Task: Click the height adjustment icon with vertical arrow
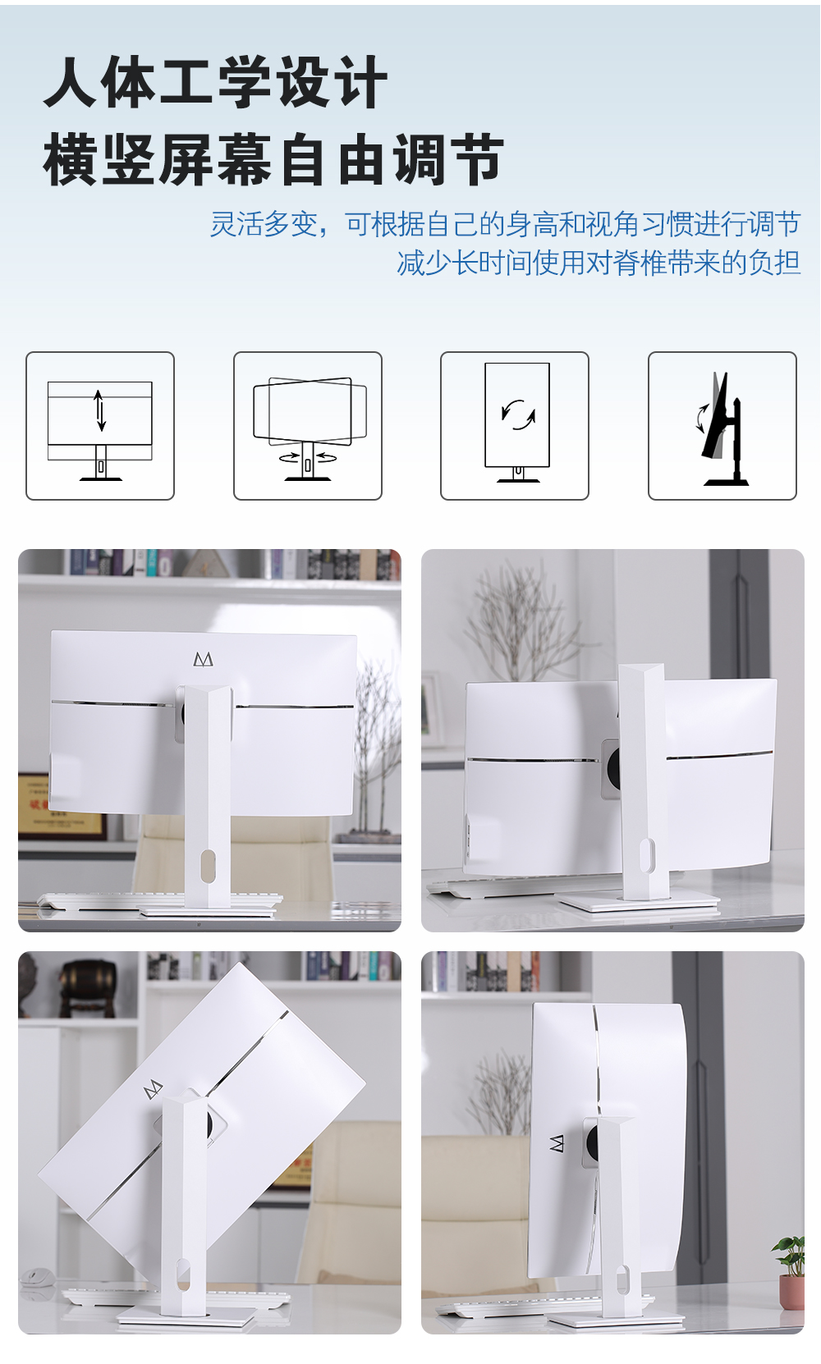tap(100, 426)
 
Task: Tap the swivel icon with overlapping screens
tap(308, 426)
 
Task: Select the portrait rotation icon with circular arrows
tap(515, 426)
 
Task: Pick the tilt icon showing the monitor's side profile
tap(722, 426)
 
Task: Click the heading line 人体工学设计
tap(216, 82)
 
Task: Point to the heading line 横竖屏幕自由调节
tap(273, 159)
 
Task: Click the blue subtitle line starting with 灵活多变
tap(505, 223)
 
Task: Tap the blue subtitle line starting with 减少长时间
tap(598, 263)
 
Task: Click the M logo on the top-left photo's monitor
tap(203, 660)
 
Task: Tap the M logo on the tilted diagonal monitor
tap(154, 1089)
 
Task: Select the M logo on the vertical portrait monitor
tap(557, 1143)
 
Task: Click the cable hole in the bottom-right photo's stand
tap(621, 1280)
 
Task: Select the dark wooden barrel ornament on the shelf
tap(88, 987)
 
